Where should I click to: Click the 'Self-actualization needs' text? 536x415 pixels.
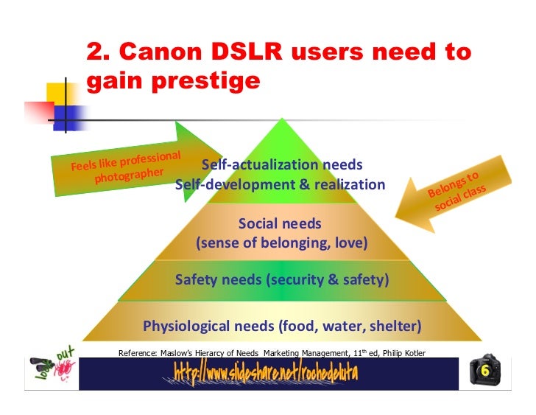(x=282, y=164)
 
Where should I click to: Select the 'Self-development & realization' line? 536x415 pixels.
(x=281, y=184)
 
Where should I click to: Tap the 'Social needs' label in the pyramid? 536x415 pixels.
(x=281, y=223)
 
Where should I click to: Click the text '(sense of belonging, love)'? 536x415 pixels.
(x=281, y=243)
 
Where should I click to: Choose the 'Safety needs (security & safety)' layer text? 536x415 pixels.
(x=282, y=280)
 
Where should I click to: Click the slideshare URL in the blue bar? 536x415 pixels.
(x=266, y=373)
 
